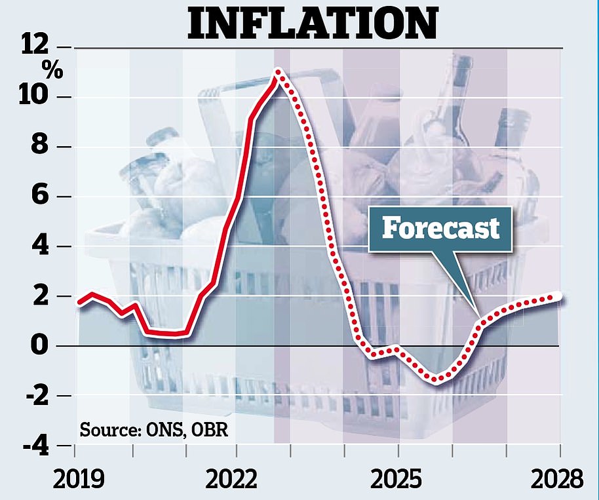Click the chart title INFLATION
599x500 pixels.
point(311,23)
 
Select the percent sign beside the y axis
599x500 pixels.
point(52,70)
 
